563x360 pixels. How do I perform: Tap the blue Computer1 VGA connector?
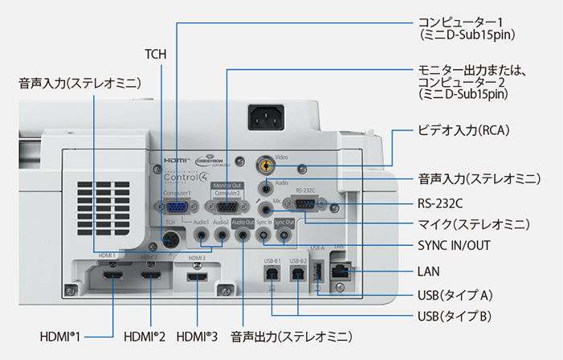[x=178, y=206]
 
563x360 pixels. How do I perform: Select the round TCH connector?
[x=170, y=239]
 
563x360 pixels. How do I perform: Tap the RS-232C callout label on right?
[x=440, y=202]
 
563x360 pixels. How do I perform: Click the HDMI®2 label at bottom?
[x=145, y=336]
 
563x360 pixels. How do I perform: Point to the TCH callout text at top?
[x=155, y=55]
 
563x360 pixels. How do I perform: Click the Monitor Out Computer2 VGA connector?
[x=228, y=206]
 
